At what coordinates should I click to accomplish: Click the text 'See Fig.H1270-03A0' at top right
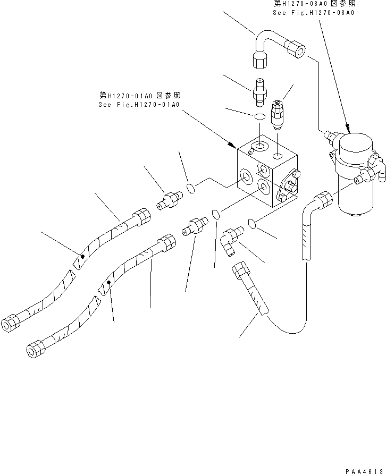(x=313, y=13)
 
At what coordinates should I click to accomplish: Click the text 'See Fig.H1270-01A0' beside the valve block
(x=139, y=105)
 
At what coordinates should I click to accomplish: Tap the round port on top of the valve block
(x=260, y=146)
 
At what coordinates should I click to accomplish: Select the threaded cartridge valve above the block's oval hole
(x=277, y=114)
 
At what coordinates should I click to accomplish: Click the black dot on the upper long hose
(x=82, y=257)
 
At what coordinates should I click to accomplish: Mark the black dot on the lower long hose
(x=108, y=283)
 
